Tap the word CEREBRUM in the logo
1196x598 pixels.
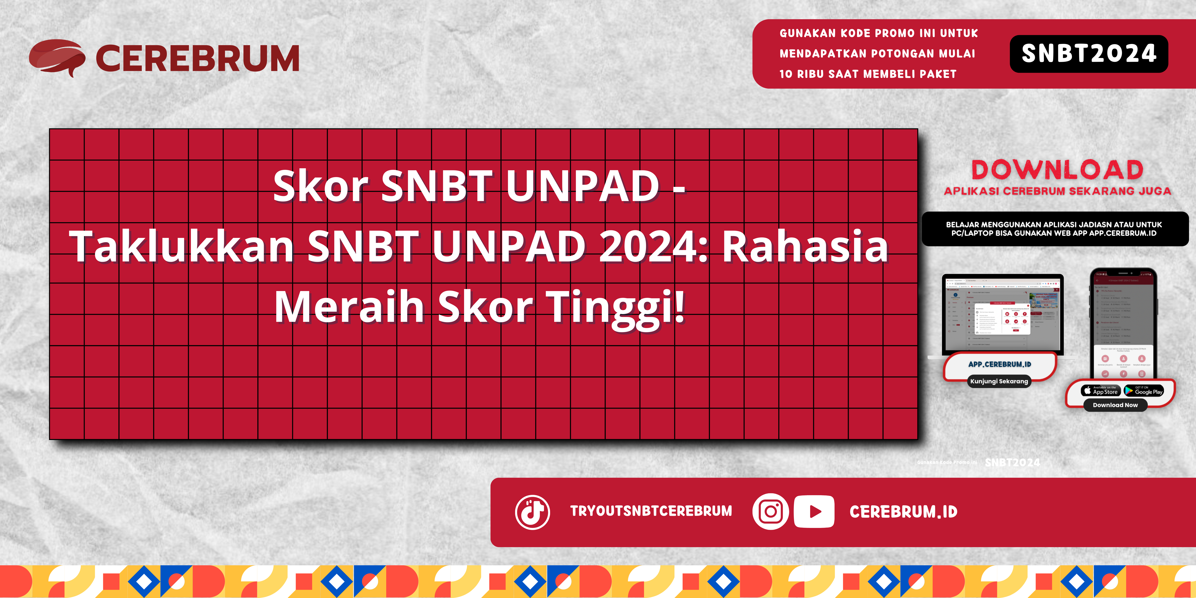[197, 58]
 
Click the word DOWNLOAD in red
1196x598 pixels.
[1057, 170]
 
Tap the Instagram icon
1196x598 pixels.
[770, 512]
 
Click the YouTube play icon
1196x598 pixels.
[814, 512]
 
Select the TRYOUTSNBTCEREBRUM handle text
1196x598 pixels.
[651, 511]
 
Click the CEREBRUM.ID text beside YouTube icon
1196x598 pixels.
[903, 512]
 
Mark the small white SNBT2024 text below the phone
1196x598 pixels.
[1012, 462]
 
